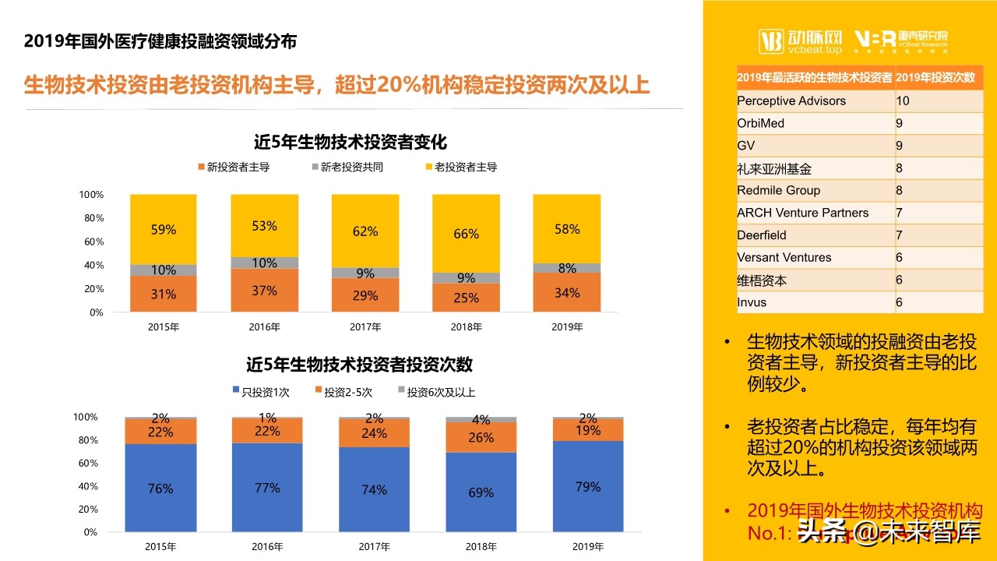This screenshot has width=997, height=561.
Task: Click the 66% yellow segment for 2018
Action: coord(466,234)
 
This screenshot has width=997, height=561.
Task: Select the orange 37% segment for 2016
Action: coord(265,291)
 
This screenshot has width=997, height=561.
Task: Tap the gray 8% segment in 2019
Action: coord(567,268)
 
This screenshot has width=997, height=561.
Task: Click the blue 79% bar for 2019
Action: coord(587,487)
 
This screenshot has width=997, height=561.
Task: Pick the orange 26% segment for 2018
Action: coord(481,438)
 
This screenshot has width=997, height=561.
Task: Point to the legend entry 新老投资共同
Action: coord(347,167)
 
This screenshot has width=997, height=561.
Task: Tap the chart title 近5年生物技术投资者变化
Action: coord(351,143)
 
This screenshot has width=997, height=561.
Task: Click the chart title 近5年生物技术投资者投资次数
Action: coord(360,365)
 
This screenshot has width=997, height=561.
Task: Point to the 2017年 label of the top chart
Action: coord(365,327)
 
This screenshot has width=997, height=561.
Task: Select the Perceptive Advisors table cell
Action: coord(791,101)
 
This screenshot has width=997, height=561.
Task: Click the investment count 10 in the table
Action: coord(903,101)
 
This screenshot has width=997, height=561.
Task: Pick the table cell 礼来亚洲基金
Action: coord(774,168)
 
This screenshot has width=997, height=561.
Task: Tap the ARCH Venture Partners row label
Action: coord(802,213)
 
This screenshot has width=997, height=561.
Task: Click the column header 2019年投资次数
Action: coord(935,77)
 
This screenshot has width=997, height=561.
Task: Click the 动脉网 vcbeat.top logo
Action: coord(801,41)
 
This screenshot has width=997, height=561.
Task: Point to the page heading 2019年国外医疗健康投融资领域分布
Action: coord(160,41)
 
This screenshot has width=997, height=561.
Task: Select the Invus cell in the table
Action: coord(752,302)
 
